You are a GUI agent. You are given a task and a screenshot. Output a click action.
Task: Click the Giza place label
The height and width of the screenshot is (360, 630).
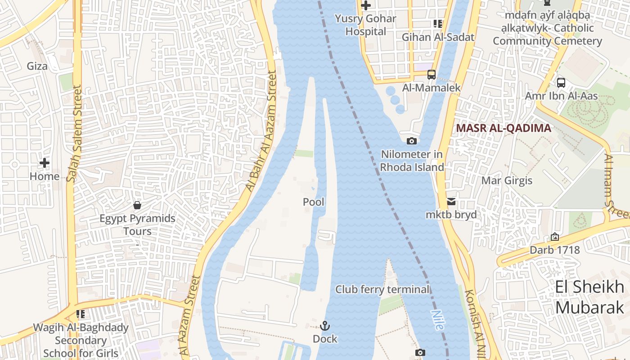(37, 66)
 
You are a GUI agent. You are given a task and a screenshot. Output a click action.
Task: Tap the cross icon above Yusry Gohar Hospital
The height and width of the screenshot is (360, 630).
(366, 6)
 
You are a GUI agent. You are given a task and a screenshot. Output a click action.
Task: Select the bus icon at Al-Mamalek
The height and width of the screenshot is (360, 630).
(431, 74)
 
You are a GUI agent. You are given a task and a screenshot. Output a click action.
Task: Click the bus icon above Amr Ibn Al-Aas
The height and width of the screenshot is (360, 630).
(561, 83)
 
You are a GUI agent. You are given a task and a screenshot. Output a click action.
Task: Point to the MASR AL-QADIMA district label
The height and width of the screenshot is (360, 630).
(503, 128)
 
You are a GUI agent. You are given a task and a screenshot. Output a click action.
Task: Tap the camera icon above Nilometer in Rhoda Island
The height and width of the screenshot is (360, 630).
(411, 141)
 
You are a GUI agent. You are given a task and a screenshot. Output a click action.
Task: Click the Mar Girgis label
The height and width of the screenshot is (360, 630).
(507, 181)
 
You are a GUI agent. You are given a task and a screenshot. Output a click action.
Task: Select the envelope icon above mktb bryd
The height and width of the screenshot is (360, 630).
(451, 202)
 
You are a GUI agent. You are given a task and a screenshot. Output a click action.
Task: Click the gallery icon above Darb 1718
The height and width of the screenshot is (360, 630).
(554, 237)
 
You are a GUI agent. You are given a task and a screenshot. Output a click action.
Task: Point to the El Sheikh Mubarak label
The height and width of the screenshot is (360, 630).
(589, 297)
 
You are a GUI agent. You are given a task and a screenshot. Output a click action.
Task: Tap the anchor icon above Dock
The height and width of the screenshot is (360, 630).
(325, 325)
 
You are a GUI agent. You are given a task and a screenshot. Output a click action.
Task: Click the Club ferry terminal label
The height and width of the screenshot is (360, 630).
(382, 289)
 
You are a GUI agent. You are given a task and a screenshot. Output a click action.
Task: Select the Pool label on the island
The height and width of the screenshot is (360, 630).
(314, 202)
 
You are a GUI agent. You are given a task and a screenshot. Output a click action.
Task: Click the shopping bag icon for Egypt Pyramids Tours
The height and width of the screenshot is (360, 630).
(137, 205)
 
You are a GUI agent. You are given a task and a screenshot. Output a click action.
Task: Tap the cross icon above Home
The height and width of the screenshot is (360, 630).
(45, 163)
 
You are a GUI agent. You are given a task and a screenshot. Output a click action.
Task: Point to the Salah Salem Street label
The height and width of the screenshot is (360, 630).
(75, 134)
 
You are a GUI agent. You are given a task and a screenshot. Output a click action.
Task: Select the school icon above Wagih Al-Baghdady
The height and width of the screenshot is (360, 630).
(81, 314)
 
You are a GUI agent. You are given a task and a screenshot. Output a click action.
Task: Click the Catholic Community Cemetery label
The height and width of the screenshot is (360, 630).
(547, 28)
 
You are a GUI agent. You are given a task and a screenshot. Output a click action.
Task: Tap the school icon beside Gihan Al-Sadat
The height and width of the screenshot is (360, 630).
(437, 24)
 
